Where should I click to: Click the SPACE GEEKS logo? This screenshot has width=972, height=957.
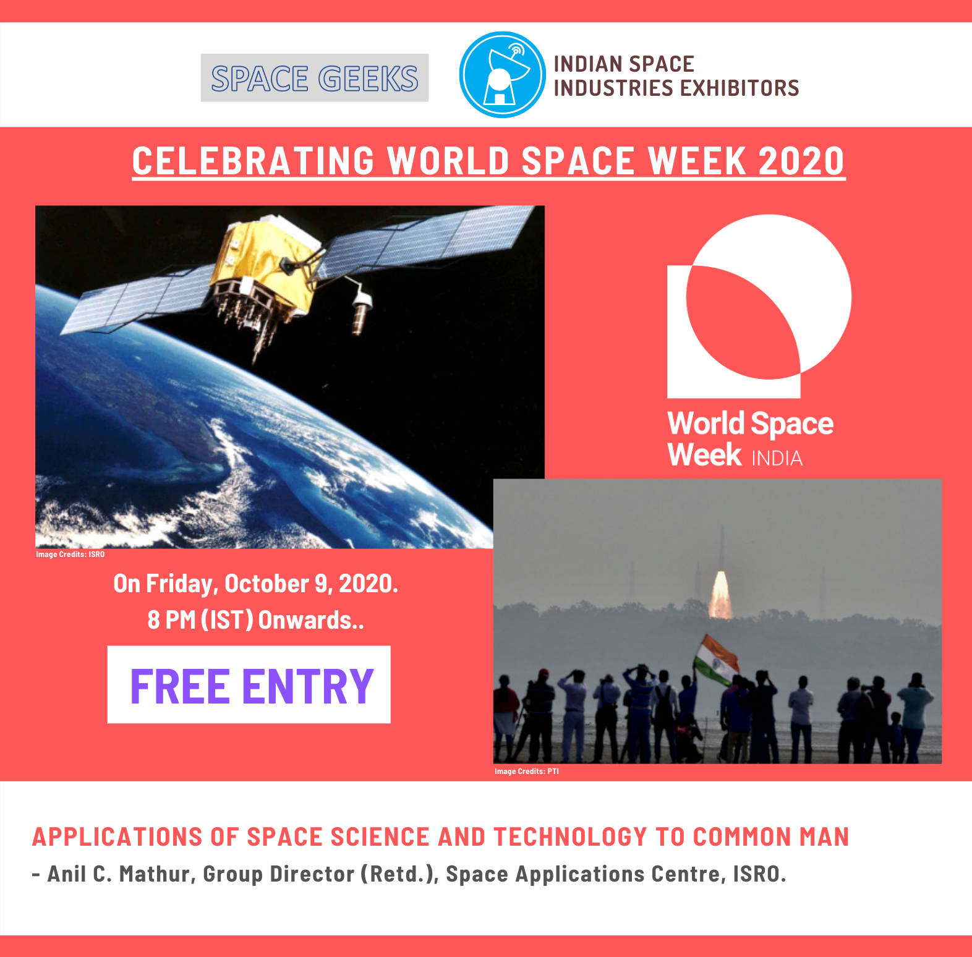pos(314,78)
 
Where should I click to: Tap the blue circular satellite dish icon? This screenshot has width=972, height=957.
pos(502,75)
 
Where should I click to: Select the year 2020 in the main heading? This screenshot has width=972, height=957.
pos(801,161)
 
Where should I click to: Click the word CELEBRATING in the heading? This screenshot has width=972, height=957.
pos(254,161)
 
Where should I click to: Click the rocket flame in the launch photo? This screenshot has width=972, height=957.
pos(720,595)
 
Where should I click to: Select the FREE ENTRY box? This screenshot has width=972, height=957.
pos(249,685)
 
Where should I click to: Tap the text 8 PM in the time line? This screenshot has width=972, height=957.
pos(172,620)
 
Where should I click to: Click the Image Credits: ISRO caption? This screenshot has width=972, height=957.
pos(70,555)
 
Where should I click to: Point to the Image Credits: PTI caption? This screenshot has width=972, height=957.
pos(527,772)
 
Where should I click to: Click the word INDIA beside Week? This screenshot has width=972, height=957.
pos(777,458)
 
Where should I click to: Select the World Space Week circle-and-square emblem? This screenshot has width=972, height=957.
pos(759,306)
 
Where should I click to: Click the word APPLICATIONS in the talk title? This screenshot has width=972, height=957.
pos(117,837)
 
